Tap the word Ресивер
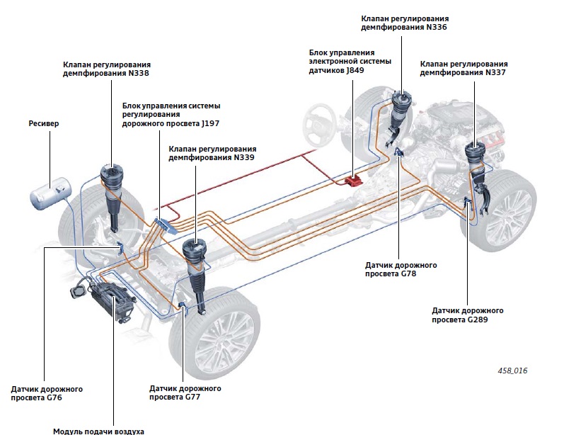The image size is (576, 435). point(45,123)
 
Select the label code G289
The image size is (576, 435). point(478,320)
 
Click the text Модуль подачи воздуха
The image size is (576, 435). point(98,430)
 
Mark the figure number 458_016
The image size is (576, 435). point(512,371)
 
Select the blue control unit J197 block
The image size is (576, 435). point(163,225)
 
